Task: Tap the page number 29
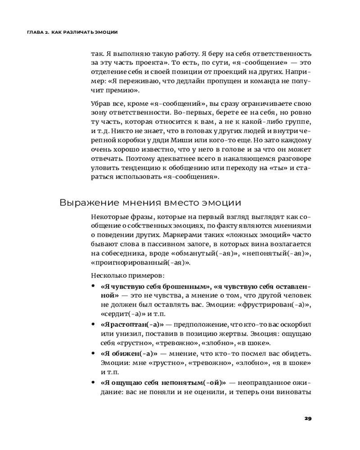pos(308,418)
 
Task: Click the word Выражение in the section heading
pos(86,202)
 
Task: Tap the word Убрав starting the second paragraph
pos(100,104)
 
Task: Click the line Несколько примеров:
pos(127,275)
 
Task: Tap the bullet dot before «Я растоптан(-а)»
pos(93,324)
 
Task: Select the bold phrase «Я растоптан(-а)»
pos(132,324)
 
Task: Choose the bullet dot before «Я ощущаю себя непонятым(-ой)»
pos(93,382)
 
